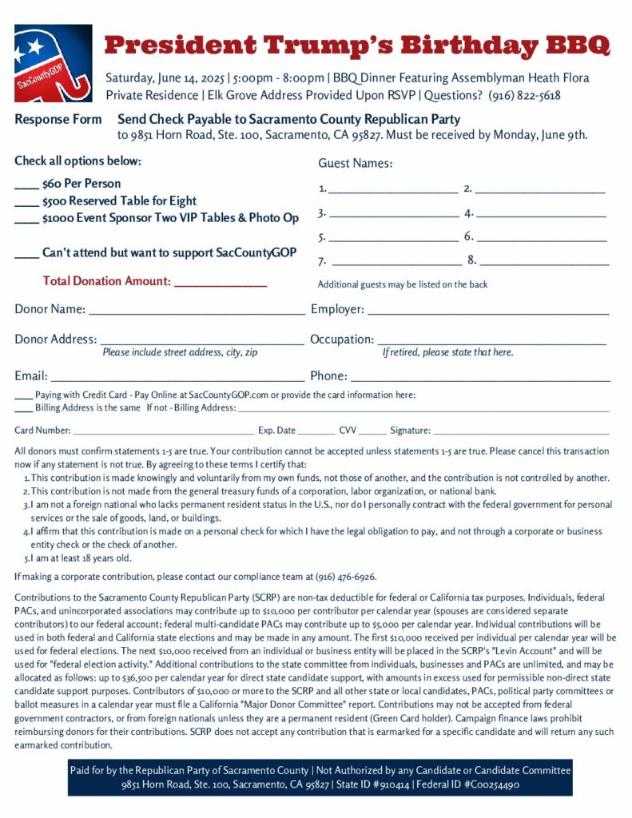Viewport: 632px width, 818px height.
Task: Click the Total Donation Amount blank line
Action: [x=220, y=283]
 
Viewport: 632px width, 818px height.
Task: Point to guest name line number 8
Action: [x=543, y=262]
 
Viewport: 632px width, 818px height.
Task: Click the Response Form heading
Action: [x=58, y=120]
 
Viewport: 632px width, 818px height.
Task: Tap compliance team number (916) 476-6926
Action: [x=342, y=577]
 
